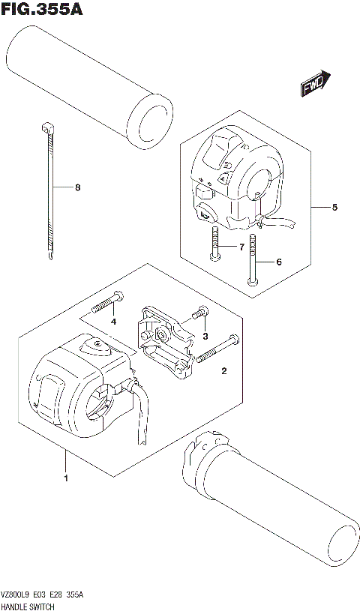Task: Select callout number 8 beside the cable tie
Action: point(76,187)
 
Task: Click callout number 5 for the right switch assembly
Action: point(335,207)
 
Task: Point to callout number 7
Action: point(241,247)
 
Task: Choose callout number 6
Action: point(278,262)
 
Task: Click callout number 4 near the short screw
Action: point(113,322)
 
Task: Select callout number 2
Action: point(223,370)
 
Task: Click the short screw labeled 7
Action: point(214,244)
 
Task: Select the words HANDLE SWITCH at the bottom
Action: point(27,606)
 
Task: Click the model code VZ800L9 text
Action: point(17,595)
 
